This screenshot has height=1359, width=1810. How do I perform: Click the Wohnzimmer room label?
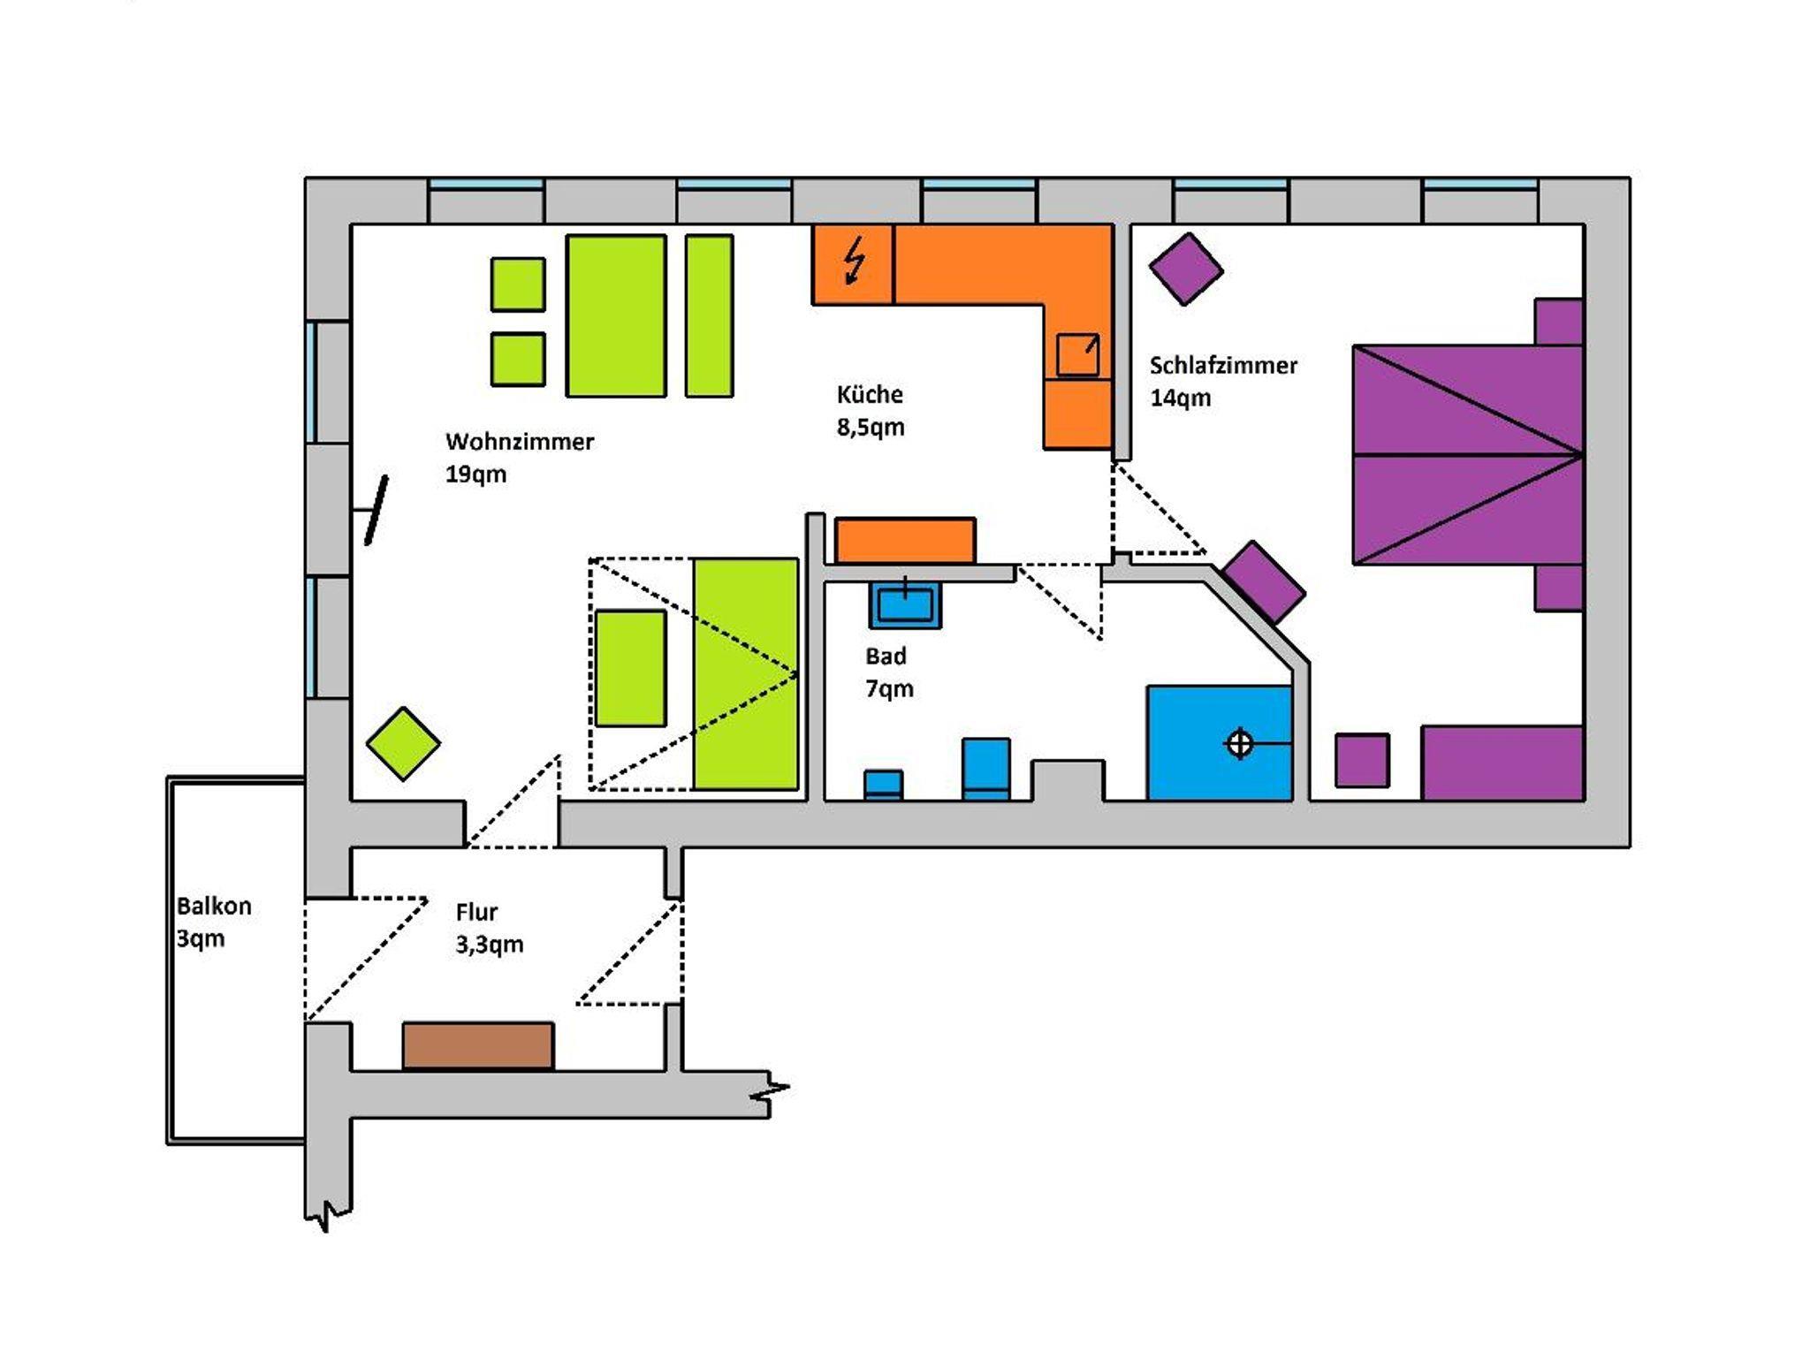pyautogui.click(x=519, y=441)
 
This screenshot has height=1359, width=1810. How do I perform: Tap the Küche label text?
pyautogui.click(x=870, y=394)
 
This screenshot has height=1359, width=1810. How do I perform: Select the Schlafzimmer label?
pyautogui.click(x=1222, y=365)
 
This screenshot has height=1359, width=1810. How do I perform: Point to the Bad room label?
pyautogui.click(x=885, y=657)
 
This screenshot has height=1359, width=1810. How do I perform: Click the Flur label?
pyautogui.click(x=476, y=912)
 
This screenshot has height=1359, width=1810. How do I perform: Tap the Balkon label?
pyautogui.click(x=214, y=906)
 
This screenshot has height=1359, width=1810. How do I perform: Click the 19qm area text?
pyautogui.click(x=475, y=475)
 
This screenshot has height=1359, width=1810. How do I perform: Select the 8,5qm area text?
pyautogui.click(x=870, y=428)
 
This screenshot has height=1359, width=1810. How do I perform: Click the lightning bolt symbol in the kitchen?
pyautogui.click(x=854, y=262)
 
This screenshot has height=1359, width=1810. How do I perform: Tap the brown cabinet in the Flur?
pyautogui.click(x=478, y=1045)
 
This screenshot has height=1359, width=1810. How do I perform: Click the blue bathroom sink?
pyautogui.click(x=905, y=605)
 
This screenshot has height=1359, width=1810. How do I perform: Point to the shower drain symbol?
pyautogui.click(x=1239, y=744)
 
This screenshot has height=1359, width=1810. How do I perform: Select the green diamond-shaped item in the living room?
pyautogui.click(x=403, y=744)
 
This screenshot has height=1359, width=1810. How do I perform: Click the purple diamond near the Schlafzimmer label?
pyautogui.click(x=1185, y=269)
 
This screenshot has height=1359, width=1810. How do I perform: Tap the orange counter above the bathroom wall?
pyautogui.click(x=905, y=541)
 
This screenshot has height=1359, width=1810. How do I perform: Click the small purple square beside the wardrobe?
pyautogui.click(x=1361, y=760)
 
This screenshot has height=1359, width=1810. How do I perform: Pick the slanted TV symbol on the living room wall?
pyautogui.click(x=376, y=511)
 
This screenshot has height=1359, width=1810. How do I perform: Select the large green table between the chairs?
pyautogui.click(x=616, y=315)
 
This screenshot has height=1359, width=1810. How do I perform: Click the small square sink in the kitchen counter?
pyautogui.click(x=1077, y=354)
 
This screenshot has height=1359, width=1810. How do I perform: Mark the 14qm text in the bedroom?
pyautogui.click(x=1180, y=399)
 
